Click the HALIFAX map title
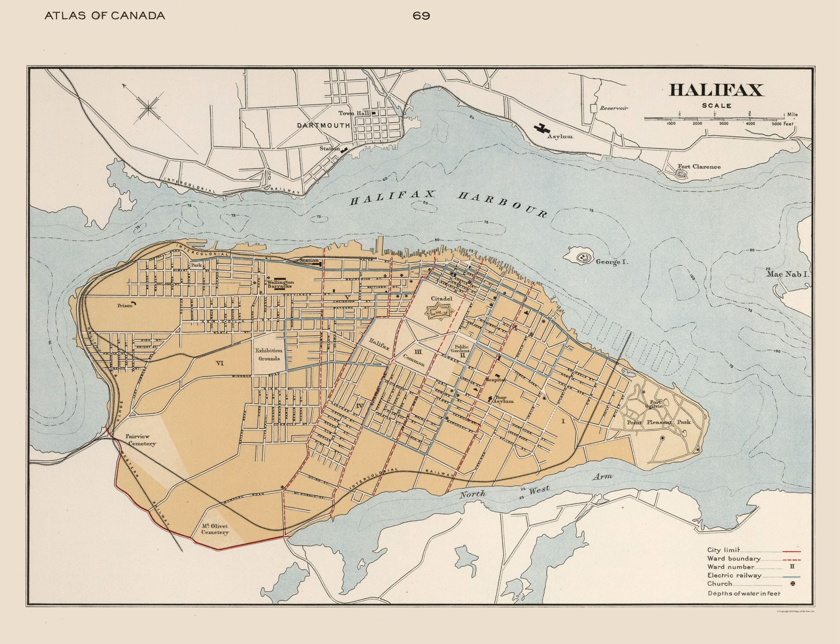point(716,90)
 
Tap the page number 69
point(421,16)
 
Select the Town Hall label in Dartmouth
point(354,113)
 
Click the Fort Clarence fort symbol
point(681,173)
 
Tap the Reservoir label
point(614,108)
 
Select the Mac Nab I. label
point(787,274)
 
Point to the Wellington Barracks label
point(280,284)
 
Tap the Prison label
point(125,306)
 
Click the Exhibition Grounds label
point(269,354)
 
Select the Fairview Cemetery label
point(140,440)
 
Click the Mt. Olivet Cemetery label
point(215,529)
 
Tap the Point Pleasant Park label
point(658,422)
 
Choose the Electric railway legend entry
point(734,576)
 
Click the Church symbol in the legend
point(793,584)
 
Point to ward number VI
point(220,364)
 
